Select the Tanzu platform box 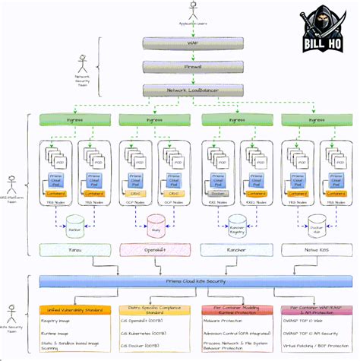pos(74,249)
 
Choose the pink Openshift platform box pos(156,249)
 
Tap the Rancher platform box pos(238,249)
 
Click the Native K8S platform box pos(319,249)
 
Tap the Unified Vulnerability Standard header pos(74,309)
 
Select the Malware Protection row pos(236,322)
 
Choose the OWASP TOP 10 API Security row pos(317,334)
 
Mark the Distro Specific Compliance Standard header pos(155,309)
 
